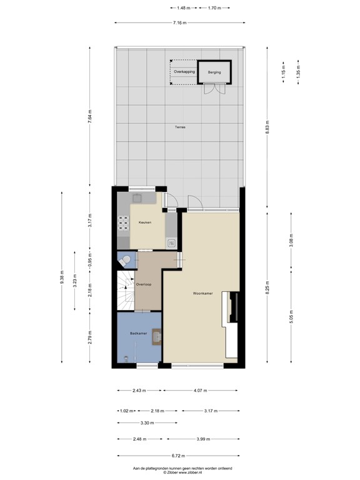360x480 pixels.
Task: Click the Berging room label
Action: click(x=215, y=72)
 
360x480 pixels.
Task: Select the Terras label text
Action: click(x=180, y=127)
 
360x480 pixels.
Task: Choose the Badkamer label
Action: click(x=138, y=334)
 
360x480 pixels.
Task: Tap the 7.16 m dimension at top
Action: click(x=181, y=23)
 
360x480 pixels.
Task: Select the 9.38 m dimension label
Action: click(x=62, y=277)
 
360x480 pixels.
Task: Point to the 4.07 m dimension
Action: click(x=201, y=391)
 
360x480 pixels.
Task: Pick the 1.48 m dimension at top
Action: click(x=183, y=8)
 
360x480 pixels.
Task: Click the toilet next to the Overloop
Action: click(x=126, y=259)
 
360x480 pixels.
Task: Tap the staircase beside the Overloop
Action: click(x=126, y=291)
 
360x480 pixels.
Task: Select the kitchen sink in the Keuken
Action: click(x=138, y=199)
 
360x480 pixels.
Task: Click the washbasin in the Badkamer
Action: click(x=157, y=336)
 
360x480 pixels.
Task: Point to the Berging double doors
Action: click(x=214, y=89)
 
